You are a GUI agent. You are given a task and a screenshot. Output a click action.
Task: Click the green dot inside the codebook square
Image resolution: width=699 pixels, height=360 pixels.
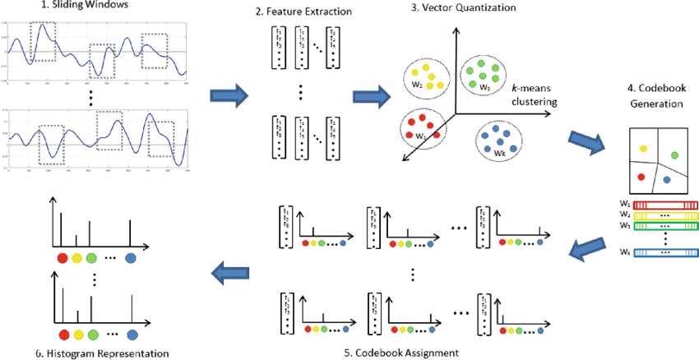[x=674, y=155]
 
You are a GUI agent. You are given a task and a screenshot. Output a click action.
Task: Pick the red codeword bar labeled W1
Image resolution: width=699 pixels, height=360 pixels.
[x=667, y=203]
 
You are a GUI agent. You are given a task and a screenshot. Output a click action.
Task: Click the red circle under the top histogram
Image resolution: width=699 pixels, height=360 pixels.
[x=62, y=260]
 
